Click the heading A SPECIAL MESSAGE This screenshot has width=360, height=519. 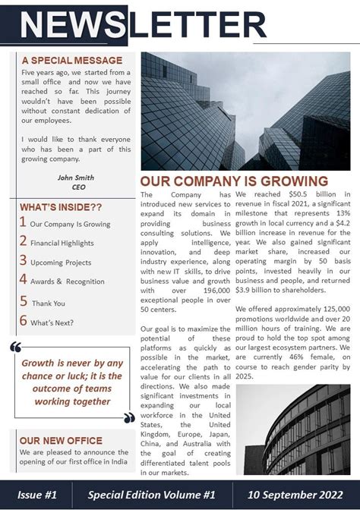(71, 60)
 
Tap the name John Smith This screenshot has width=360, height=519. (76, 178)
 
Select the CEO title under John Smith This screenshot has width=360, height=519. (78, 187)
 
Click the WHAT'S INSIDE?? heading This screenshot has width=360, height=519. (61, 207)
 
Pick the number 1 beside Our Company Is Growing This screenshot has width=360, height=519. (23, 223)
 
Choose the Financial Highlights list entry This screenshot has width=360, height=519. (62, 243)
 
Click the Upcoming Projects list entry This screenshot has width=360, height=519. (61, 263)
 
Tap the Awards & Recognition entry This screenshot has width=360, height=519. (68, 282)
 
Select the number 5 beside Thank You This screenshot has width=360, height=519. (23, 302)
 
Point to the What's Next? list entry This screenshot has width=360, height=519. (52, 322)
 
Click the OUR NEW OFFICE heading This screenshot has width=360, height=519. (61, 440)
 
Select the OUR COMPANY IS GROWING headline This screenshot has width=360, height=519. (234, 181)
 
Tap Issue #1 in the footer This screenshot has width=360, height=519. (37, 495)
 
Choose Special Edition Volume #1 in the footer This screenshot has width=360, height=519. (152, 495)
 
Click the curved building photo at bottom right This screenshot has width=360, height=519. (293, 429)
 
